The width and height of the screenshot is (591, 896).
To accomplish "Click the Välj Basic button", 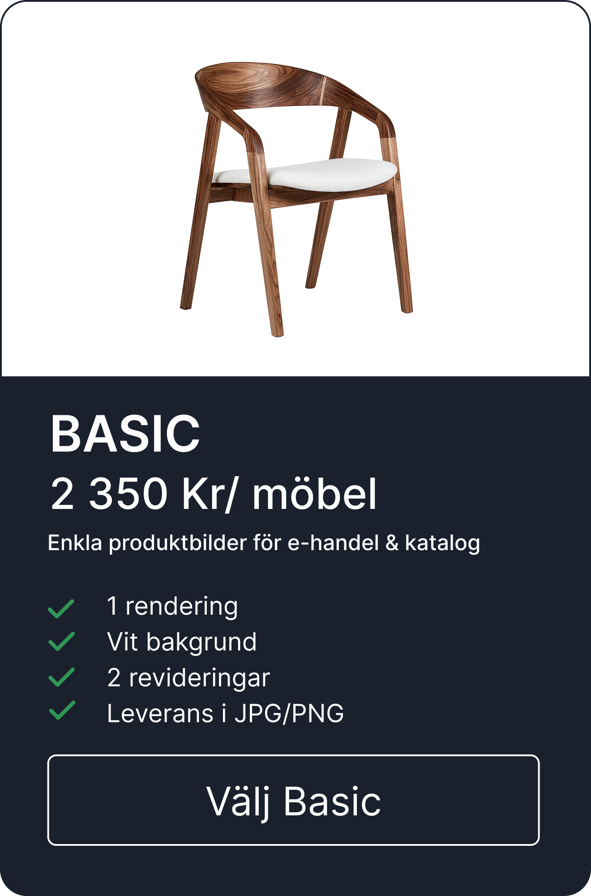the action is point(293,800).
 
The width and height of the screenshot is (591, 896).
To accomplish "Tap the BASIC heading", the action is point(125,434).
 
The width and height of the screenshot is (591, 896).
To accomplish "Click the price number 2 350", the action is point(109,493).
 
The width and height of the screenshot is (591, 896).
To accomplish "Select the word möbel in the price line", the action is point(314,493).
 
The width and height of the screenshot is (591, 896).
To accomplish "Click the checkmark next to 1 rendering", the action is point(61,608).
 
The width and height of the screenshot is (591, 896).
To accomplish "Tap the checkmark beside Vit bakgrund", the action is point(61,641).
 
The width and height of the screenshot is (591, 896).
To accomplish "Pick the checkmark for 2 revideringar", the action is point(61,677).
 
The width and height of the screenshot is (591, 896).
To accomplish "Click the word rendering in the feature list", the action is point(182,607).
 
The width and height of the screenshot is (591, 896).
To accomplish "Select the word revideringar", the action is point(200,678).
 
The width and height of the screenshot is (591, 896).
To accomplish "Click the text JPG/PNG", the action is point(289,713).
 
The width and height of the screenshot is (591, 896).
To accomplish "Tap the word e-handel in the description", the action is point(333,543).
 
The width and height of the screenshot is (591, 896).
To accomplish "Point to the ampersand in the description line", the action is point(392,543).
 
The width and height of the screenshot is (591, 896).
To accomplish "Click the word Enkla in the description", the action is point(75,543).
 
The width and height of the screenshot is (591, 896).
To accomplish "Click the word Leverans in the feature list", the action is point(160,713).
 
